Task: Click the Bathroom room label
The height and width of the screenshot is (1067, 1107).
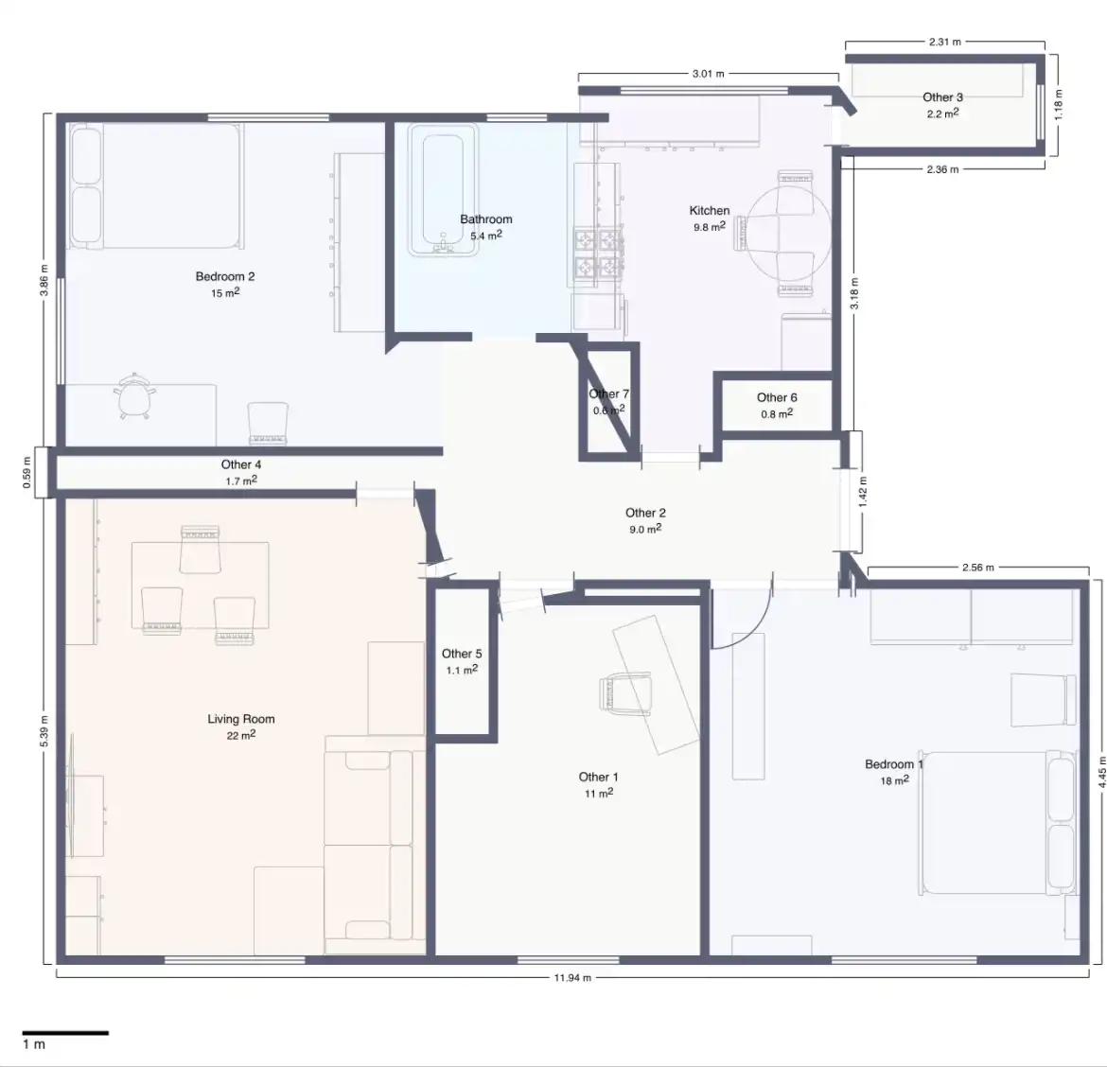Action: (485, 219)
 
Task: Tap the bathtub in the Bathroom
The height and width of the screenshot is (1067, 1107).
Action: (443, 190)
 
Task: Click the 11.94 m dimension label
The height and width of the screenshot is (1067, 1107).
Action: (571, 977)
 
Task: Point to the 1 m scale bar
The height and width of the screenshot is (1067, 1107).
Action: (65, 1032)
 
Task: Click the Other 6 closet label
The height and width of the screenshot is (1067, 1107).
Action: (777, 397)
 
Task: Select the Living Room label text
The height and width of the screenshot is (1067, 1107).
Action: (240, 718)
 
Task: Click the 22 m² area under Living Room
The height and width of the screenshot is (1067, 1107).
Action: (240, 735)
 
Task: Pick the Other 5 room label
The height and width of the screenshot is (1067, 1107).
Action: (462, 654)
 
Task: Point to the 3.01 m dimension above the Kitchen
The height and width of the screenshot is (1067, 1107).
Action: (708, 74)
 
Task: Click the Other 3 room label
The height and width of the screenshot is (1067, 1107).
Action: (942, 97)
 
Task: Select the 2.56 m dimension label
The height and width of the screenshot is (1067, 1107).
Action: (977, 568)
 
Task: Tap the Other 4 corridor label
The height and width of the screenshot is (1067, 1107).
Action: (240, 464)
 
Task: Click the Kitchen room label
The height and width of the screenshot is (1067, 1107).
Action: (710, 210)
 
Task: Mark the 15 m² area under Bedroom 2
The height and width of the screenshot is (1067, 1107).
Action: (225, 293)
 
